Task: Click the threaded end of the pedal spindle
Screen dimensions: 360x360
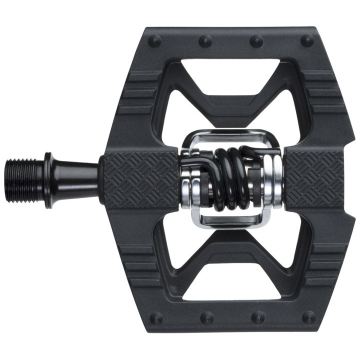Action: tap(25, 180)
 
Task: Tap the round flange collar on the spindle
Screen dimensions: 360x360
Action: tap(48, 180)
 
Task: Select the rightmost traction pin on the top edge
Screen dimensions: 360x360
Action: tap(307, 40)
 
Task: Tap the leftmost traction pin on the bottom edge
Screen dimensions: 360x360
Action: tap(155, 318)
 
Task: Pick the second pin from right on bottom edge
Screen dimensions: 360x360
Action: tap(258, 317)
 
